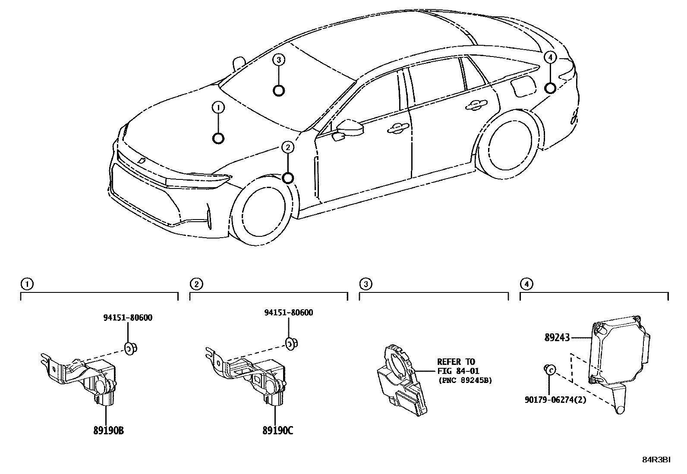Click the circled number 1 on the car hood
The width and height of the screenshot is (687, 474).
click(218, 107)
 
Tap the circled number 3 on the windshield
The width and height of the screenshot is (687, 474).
click(279, 60)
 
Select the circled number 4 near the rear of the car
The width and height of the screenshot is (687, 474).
click(549, 57)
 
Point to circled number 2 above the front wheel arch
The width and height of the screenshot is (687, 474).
click(288, 148)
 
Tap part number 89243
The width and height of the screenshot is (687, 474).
click(558, 338)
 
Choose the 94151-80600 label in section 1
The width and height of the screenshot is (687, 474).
click(128, 318)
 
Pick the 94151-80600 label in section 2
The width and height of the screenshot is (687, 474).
click(288, 312)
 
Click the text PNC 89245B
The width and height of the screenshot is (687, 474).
click(464, 380)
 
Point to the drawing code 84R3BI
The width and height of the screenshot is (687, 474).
click(656, 460)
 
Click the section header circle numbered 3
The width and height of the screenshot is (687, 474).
click(365, 284)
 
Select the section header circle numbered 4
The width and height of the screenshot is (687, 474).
click(526, 284)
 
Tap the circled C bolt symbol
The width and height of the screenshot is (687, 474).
click(550, 369)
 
